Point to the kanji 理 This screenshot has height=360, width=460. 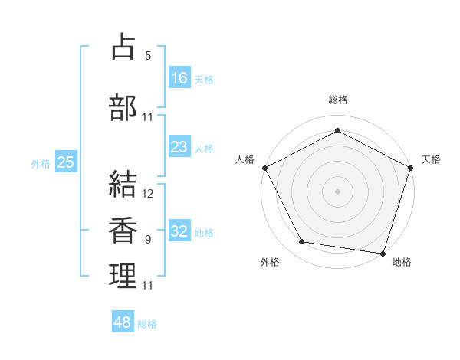(x=123, y=276)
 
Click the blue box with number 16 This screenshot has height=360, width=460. (x=179, y=78)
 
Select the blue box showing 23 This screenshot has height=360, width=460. (x=179, y=147)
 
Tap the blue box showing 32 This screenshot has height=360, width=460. (x=179, y=232)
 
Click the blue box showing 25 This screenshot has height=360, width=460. (x=65, y=162)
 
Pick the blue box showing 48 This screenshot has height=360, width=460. (x=123, y=322)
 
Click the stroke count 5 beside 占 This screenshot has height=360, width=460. (x=148, y=56)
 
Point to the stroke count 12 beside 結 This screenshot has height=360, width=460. (x=148, y=194)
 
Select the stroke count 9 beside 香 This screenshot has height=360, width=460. (x=148, y=240)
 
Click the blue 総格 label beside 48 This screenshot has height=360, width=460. (x=148, y=324)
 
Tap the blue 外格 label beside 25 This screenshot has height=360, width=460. (x=41, y=163)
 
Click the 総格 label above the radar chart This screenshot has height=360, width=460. (x=337, y=100)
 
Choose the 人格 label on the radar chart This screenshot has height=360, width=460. (x=245, y=159)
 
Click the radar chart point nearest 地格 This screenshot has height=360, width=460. (x=383, y=253)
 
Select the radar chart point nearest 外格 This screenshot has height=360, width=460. (x=302, y=243)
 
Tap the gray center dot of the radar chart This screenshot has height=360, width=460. (x=337, y=191)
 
